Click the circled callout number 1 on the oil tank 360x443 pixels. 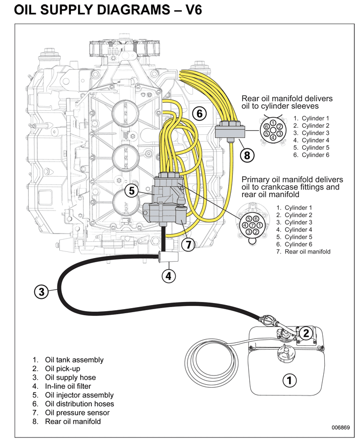coord(289,380)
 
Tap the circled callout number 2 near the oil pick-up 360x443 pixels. coord(305,333)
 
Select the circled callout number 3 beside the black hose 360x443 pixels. coord(42,292)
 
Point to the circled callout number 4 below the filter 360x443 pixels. coord(169,276)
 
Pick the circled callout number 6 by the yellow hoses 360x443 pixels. coord(200,113)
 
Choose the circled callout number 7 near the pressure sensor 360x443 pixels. coord(188,245)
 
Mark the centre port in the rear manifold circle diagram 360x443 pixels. coord(273,130)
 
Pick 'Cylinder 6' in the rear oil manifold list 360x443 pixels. coord(315,155)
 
